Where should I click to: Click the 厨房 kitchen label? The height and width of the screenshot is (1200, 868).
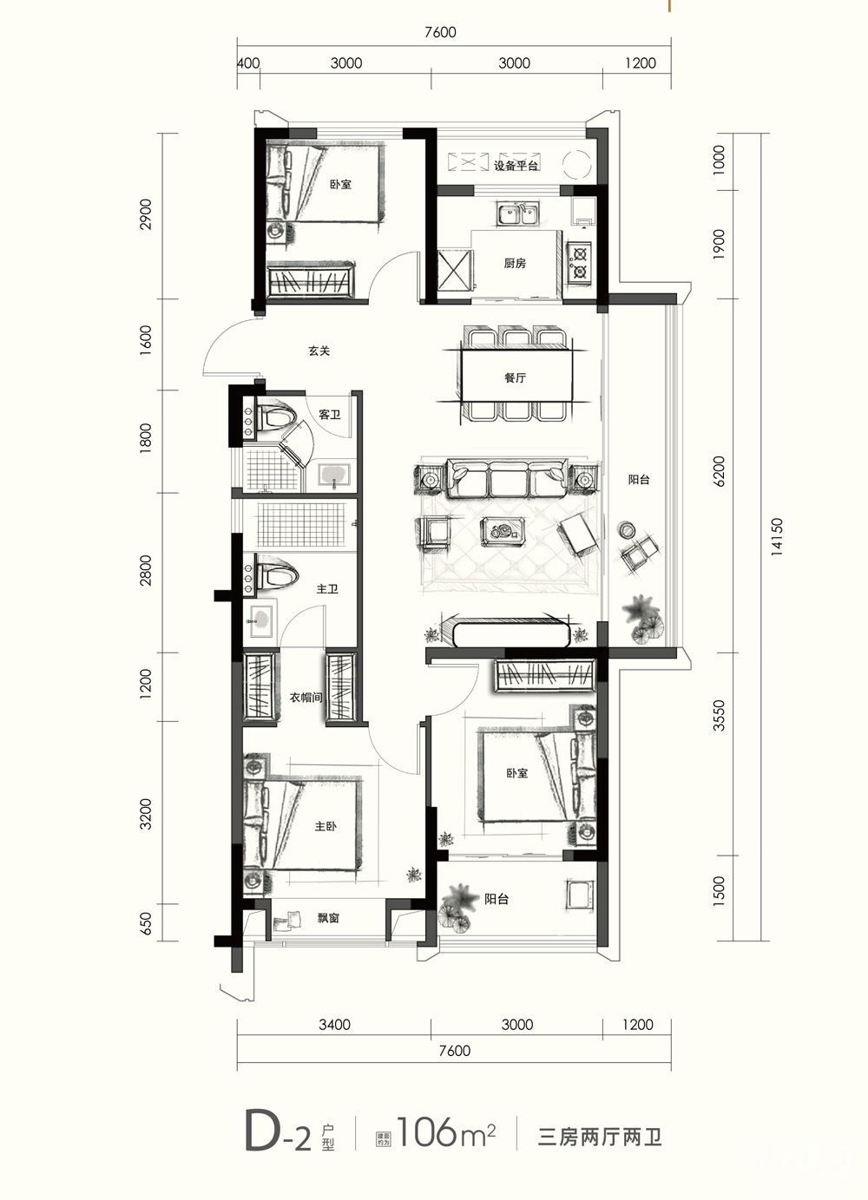point(515,263)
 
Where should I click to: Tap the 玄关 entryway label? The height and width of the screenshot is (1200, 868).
point(319,351)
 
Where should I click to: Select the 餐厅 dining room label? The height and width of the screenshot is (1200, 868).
point(515,377)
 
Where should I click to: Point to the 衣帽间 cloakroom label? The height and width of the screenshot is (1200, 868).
point(306,698)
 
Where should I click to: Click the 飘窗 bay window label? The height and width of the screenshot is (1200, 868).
point(328,918)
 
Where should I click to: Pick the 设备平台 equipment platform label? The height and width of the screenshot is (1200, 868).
point(516,166)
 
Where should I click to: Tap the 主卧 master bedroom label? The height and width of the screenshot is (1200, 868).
point(325,827)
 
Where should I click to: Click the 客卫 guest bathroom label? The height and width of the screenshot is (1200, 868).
point(330,415)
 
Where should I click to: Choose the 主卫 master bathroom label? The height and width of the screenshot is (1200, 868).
point(327,589)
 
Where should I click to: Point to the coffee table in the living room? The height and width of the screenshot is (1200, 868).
point(503,531)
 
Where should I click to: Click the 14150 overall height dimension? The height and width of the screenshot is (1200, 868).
point(778,537)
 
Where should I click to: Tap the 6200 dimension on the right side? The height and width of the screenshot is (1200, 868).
point(720,471)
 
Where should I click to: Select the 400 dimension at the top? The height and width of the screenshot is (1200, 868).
point(248,63)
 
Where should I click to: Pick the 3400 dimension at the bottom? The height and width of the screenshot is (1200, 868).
point(334,1025)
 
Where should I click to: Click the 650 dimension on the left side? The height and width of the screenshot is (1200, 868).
point(147,924)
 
